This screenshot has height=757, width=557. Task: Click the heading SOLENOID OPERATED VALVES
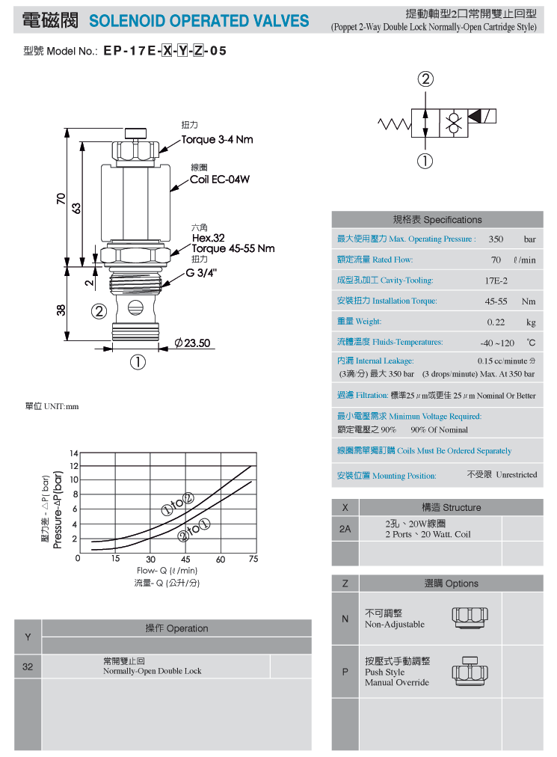(x=199, y=21)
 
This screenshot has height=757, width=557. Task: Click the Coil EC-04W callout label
(x=220, y=180)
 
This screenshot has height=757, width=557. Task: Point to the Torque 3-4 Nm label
(x=218, y=140)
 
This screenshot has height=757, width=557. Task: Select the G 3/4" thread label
(x=201, y=273)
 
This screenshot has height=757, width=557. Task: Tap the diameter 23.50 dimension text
(x=192, y=343)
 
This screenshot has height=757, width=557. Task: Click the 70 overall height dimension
(x=61, y=198)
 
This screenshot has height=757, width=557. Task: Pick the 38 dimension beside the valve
(x=61, y=310)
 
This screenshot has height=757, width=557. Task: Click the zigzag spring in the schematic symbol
(x=394, y=125)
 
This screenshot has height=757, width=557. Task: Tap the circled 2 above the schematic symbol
(x=425, y=79)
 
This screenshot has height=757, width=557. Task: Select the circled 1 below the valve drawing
(x=138, y=362)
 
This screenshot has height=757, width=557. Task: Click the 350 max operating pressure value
(x=496, y=239)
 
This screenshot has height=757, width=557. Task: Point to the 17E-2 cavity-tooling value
(x=496, y=281)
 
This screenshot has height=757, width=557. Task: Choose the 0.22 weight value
(x=496, y=322)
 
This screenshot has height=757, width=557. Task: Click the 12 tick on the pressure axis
(x=74, y=466)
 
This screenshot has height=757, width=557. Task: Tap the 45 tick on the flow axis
(x=185, y=559)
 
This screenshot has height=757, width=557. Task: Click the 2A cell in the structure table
(x=345, y=529)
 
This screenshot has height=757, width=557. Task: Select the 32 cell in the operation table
(x=28, y=666)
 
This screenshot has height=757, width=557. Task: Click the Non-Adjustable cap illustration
(x=470, y=617)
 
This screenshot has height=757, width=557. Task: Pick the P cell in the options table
(x=345, y=672)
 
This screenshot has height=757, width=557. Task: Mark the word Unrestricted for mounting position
(x=516, y=474)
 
